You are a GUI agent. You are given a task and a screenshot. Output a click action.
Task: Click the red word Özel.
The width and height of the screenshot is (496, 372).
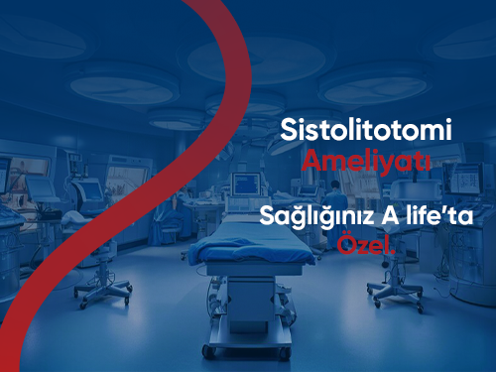pos(366,244)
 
